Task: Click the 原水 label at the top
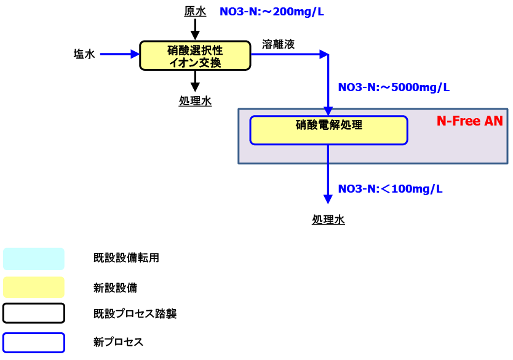tap(195, 12)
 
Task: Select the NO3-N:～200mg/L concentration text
tap(271, 12)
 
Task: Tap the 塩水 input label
tap(84, 54)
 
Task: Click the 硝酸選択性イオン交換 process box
tap(195, 55)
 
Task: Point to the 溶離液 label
tap(278, 44)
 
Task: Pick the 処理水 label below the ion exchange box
tap(195, 102)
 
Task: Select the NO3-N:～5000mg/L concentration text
tap(394, 87)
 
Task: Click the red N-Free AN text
tap(469, 121)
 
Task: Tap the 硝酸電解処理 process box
tap(328, 130)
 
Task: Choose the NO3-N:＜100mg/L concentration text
tap(390, 188)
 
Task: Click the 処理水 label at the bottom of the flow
tap(328, 219)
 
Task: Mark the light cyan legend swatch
tap(34, 259)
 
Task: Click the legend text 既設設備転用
tap(126, 258)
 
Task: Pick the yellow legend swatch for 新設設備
tap(34, 287)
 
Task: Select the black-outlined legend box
tap(34, 313)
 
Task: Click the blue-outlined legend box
tap(34, 342)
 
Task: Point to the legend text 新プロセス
tap(118, 342)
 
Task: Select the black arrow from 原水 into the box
tap(195, 28)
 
